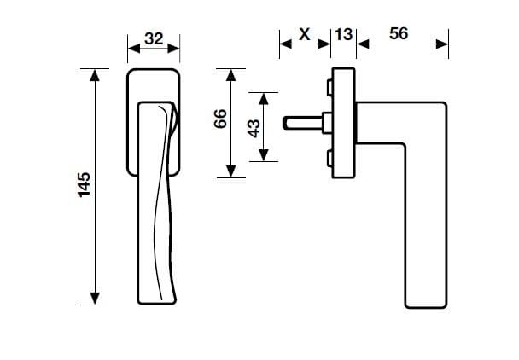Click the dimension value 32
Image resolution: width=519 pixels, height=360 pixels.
154,38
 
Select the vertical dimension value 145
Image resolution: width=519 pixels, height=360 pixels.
84,185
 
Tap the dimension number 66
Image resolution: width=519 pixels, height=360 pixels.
219,121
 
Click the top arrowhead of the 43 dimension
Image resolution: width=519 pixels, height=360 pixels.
265,96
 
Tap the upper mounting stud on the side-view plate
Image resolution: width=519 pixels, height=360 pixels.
329,87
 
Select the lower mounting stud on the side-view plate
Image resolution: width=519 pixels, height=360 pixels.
329,158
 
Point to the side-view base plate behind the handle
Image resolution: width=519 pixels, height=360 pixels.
342,123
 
